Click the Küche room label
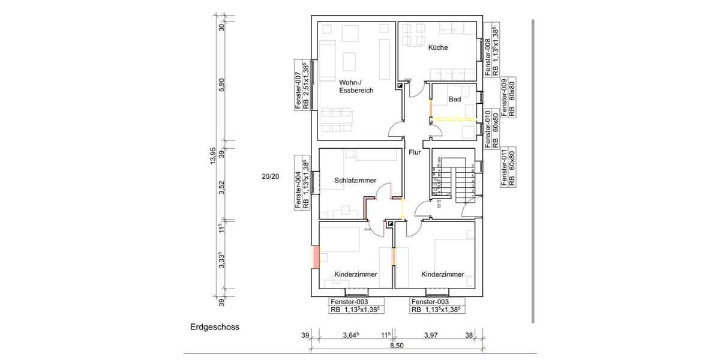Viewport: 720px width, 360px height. click(x=438, y=47)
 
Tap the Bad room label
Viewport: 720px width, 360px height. click(x=455, y=99)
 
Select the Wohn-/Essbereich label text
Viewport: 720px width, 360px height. click(x=356, y=86)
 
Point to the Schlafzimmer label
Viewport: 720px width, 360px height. click(x=355, y=180)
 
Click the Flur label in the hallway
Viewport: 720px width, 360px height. click(x=415, y=152)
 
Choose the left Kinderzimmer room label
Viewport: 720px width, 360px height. click(x=356, y=274)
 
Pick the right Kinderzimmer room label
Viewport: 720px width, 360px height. click(x=443, y=274)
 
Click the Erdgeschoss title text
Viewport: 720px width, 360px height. click(x=215, y=327)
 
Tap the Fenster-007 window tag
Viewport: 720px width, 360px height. click(x=301, y=85)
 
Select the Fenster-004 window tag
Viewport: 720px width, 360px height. click(x=301, y=182)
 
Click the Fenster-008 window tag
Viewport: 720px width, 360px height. click(x=491, y=51)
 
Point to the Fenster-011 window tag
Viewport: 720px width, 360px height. click(x=508, y=167)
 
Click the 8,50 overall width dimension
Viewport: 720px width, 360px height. click(x=397, y=346)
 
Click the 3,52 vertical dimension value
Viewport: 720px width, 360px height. click(x=221, y=187)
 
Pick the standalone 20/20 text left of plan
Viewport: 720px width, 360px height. click(x=271, y=176)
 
